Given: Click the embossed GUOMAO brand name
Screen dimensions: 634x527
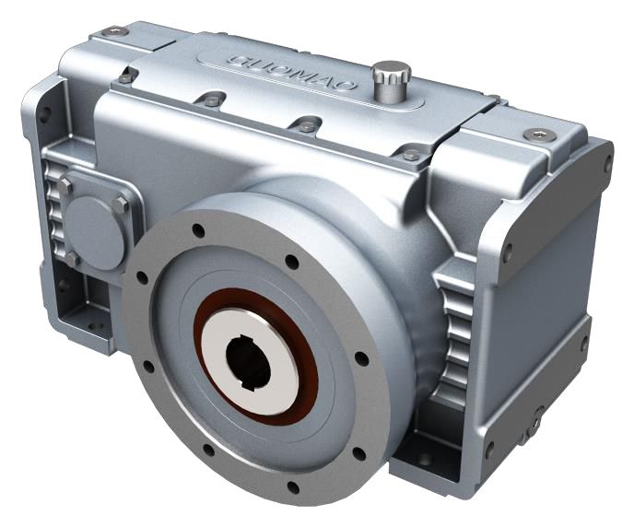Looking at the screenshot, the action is pyautogui.click(x=293, y=73).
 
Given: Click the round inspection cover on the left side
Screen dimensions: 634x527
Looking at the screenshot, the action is pyautogui.click(x=94, y=233).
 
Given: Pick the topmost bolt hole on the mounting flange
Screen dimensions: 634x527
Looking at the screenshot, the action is pyautogui.click(x=198, y=230).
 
